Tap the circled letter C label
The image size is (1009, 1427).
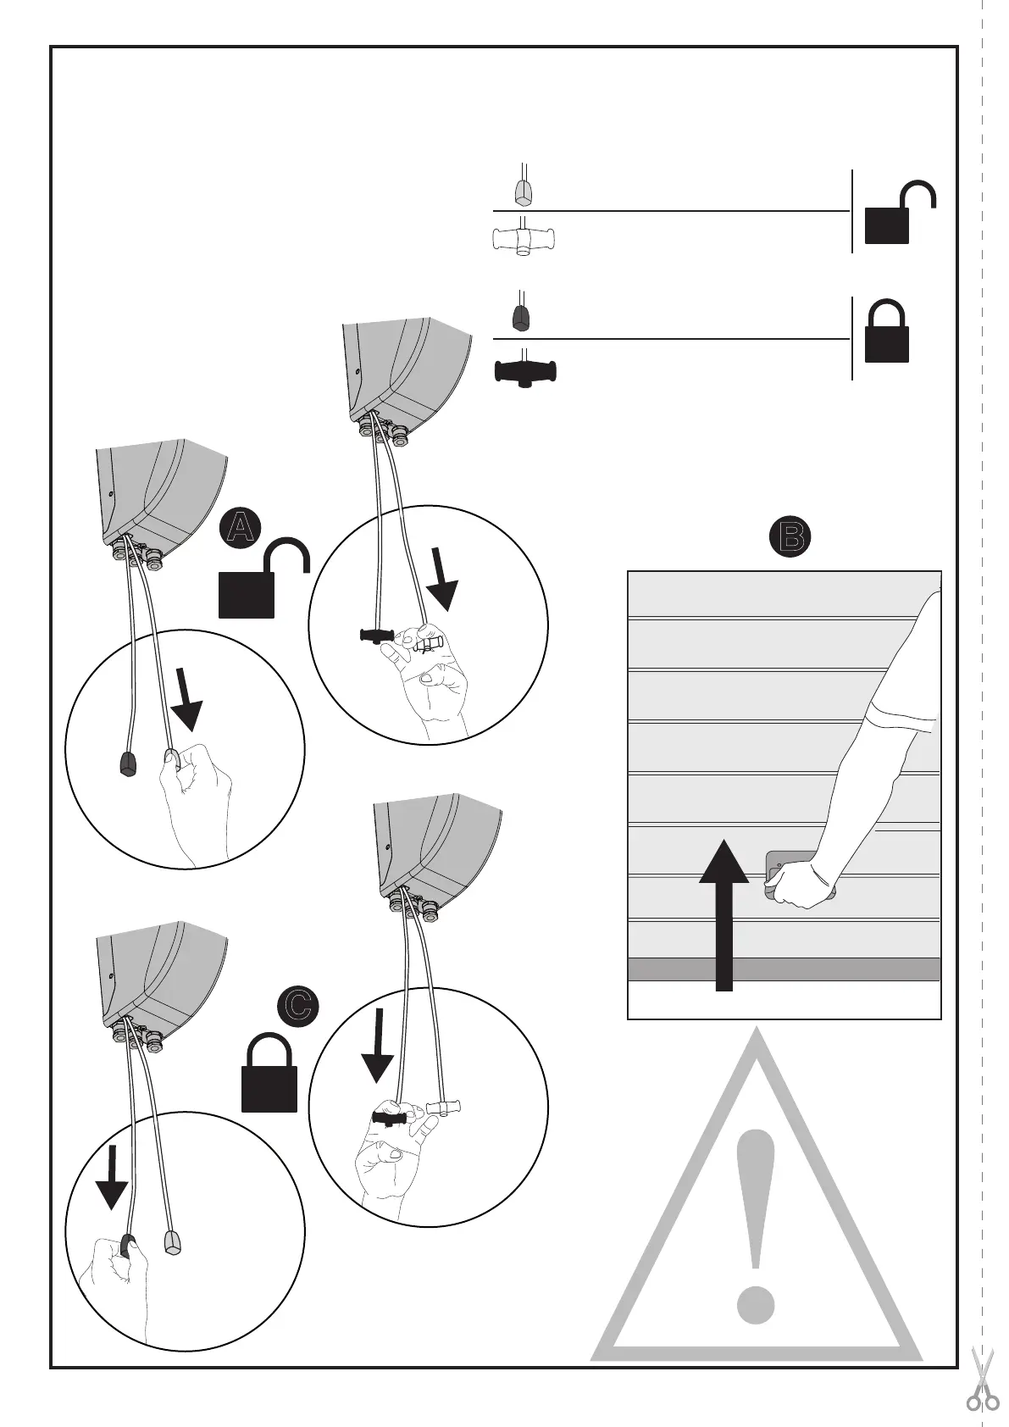click(298, 1005)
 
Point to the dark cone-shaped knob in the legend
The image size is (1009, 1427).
click(523, 316)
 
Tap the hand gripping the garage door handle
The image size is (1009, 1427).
click(801, 885)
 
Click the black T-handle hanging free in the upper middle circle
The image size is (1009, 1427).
click(377, 636)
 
